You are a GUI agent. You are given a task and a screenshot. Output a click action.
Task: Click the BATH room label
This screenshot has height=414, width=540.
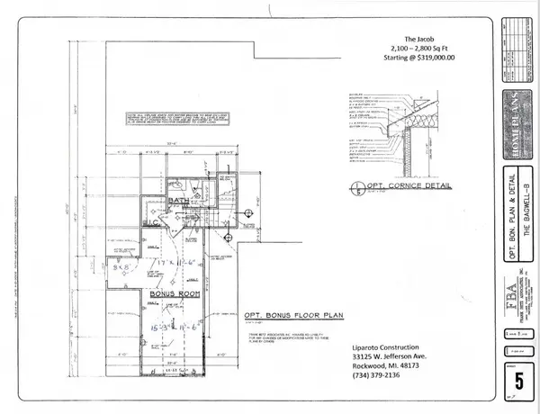pos(178,202)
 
